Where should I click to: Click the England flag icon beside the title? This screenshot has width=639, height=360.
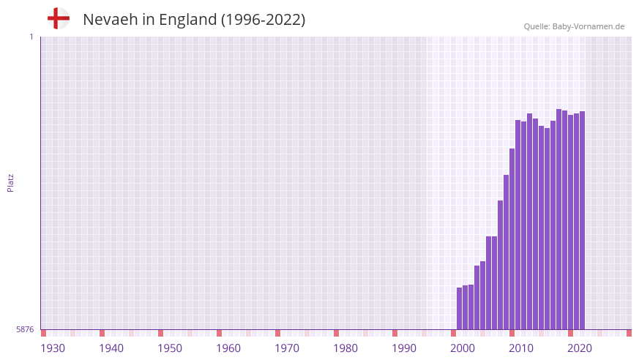coord(59,18)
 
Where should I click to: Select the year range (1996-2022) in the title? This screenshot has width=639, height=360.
coord(263,20)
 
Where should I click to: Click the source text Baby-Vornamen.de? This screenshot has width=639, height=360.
coord(588,26)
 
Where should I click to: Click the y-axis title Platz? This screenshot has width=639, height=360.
coord(10,183)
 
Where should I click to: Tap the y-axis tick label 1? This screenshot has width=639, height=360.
coord(31,37)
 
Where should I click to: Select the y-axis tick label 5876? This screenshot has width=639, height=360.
coord(25,329)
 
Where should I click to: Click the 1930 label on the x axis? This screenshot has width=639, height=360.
coord(53,348)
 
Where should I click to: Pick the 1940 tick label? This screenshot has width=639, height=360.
coord(111,348)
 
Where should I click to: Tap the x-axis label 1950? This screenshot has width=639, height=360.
coord(170,348)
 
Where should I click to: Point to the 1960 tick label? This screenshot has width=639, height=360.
coord(228,348)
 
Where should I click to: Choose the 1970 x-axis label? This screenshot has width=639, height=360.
coord(287,348)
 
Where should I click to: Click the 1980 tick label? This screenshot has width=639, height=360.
coord(345,348)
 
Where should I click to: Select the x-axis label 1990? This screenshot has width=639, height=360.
coord(404,348)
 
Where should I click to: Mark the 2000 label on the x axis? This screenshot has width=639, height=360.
coord(463,348)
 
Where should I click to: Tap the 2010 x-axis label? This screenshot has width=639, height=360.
coord(521,348)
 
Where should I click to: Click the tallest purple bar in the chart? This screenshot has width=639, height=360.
coord(558,220)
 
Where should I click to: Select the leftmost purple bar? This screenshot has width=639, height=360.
coord(459,308)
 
